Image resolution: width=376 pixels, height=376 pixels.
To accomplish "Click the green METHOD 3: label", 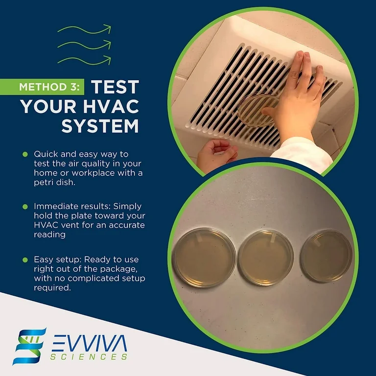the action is click(49, 87).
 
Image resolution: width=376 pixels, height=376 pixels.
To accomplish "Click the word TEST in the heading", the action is click(115, 87).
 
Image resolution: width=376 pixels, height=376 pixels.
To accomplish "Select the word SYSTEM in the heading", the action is click(100, 126).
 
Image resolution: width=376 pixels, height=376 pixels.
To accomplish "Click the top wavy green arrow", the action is click(84, 30).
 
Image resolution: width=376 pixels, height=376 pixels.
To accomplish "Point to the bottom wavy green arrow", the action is click(84, 60).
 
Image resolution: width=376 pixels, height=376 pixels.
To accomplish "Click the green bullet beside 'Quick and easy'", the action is click(25, 154).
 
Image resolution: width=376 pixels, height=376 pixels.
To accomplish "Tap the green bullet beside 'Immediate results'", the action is click(25, 207).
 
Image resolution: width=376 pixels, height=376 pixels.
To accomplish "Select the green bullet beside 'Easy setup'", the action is click(25, 259).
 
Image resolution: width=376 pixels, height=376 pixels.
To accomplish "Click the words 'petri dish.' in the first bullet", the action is click(55, 183).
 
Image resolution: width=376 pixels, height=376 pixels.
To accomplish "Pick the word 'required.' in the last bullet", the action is click(52, 287).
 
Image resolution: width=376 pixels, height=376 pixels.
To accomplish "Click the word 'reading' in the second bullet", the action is click(49, 235).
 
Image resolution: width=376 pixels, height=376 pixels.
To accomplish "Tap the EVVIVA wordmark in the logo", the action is click(89, 343).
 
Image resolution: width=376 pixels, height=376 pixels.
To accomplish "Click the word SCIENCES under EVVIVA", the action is click(89, 356).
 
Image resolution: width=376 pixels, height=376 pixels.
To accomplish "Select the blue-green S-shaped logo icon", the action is click(29, 346).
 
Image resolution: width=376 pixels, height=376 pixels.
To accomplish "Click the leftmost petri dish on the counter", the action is click(204, 258).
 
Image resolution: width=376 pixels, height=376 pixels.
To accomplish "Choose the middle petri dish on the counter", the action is click(266, 258).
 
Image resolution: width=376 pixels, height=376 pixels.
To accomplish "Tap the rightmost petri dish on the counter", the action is click(326, 256).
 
